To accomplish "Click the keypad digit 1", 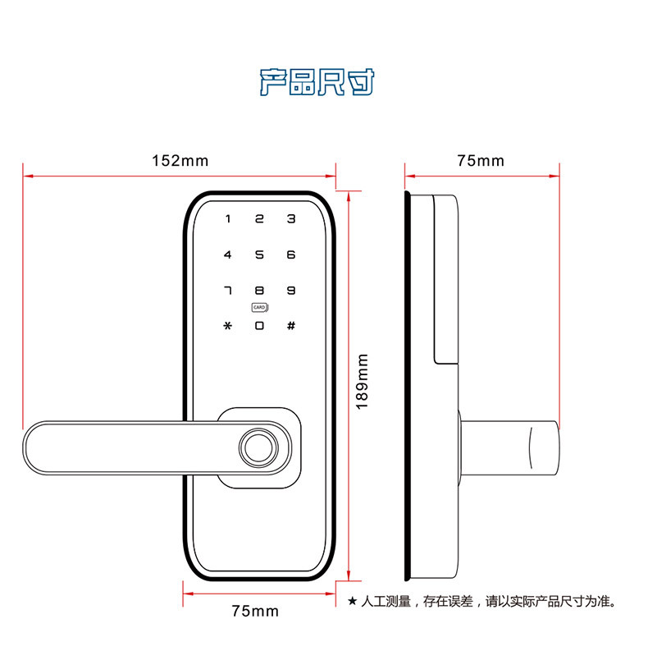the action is [228, 219].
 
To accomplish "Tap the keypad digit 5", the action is [259, 254].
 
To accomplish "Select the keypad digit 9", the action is [290, 291].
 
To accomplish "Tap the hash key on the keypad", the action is [290, 326].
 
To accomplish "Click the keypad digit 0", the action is [259, 326].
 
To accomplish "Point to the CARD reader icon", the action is [262, 309].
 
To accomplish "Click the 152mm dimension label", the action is [180, 161].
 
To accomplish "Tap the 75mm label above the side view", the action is [481, 161].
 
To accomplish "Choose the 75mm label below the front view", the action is [255, 611].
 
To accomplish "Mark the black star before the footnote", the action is [353, 602].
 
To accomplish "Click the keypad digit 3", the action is [290, 219].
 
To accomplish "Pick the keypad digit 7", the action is [228, 291].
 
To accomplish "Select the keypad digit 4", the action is [228, 254].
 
